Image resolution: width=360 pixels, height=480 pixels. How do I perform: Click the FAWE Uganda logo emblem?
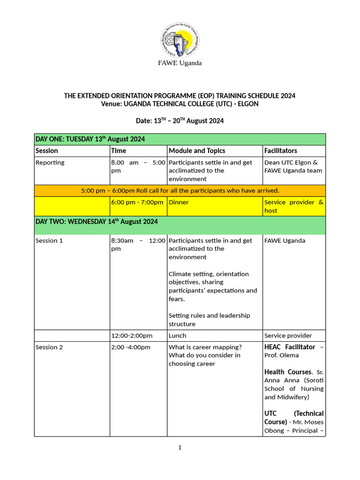180,39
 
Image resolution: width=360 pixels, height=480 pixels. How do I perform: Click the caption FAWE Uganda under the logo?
180,63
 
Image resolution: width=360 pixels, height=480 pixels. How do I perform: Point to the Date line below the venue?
180,121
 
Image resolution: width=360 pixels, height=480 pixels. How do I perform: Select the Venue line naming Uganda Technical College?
180,104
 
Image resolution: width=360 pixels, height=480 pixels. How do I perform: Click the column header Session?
47,150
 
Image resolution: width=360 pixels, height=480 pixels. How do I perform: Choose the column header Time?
119,150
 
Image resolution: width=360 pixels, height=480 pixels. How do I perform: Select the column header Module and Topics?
197,150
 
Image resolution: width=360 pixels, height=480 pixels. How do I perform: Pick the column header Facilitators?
280,150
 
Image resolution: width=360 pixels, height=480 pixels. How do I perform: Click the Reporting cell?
50,163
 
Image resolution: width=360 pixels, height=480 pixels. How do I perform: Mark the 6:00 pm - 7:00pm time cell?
137,202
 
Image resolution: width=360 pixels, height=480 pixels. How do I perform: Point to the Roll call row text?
180,190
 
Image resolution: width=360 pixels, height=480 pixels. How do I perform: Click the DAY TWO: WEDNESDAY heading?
97,222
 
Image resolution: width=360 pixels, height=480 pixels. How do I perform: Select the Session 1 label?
49,240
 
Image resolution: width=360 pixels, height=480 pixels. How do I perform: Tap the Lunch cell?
177,336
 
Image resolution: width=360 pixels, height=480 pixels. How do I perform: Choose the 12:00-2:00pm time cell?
132,336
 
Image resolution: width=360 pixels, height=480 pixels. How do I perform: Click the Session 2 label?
49,347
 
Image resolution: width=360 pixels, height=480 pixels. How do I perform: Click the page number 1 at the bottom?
180,448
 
